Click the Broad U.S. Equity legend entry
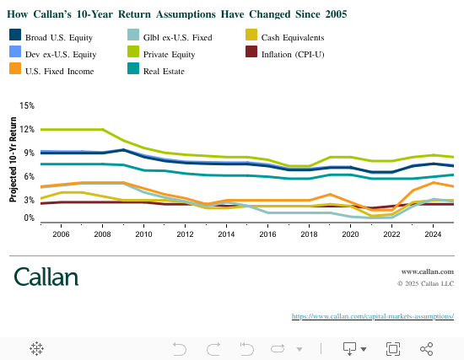tap(47, 37)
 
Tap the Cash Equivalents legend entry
tap(283, 37)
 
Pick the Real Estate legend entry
tap(165, 71)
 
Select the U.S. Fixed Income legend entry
tap(47, 71)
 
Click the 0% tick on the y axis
tap(28, 218)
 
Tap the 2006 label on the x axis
tap(61, 235)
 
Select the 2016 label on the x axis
tap(267, 235)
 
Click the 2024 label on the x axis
tap(433, 235)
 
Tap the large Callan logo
tap(46, 277)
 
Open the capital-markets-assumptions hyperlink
tap(372, 316)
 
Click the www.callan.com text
tap(427, 272)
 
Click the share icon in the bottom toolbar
tap(426, 348)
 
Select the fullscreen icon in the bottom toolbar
tap(392, 348)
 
